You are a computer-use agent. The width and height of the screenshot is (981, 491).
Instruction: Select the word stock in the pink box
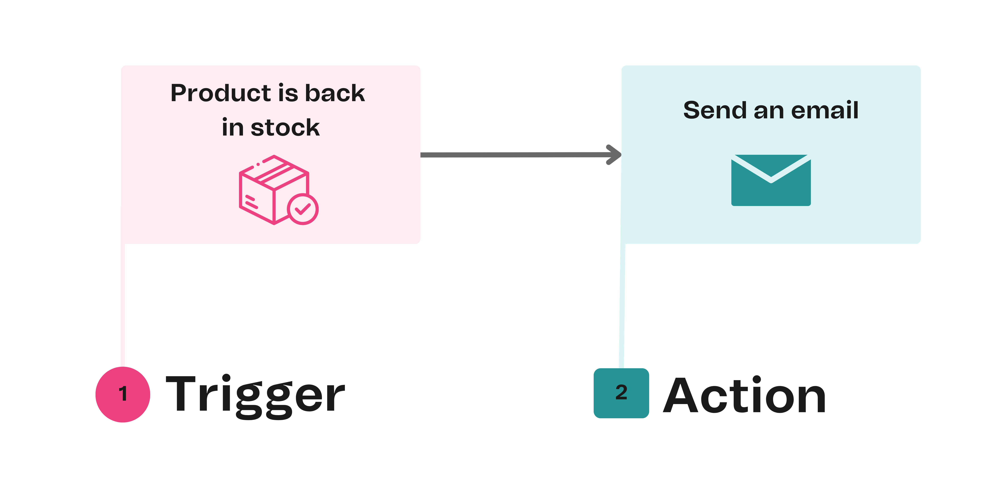(x=285, y=128)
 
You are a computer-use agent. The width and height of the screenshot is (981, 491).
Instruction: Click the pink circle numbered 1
(x=123, y=394)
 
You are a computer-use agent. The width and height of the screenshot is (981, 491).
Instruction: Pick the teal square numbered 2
(x=621, y=393)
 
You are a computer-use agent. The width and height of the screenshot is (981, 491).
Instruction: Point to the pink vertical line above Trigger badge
(x=123, y=305)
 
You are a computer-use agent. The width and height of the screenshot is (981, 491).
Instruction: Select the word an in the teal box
(x=769, y=111)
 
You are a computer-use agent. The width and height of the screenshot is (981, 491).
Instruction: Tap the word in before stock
(x=232, y=128)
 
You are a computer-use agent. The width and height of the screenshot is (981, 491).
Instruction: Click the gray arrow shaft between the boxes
(x=514, y=155)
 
